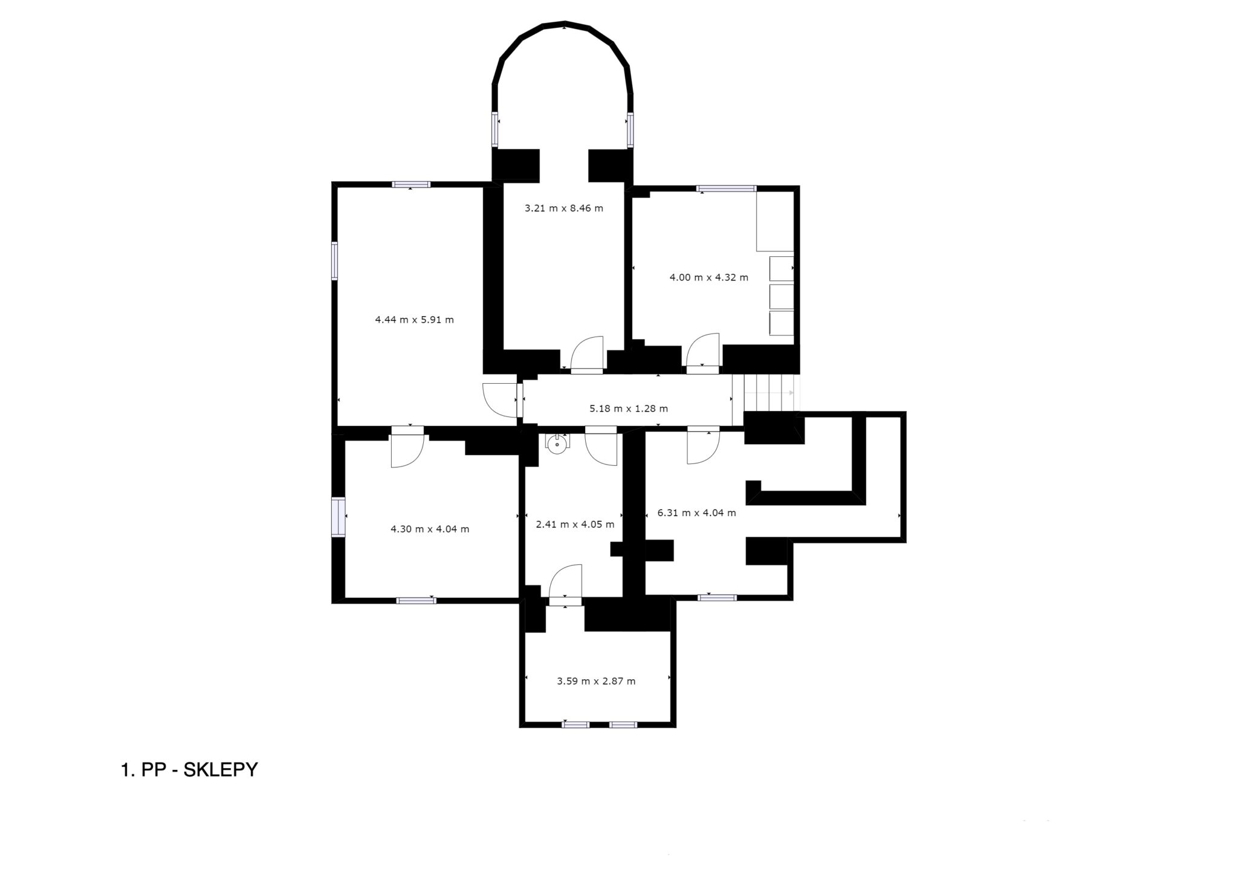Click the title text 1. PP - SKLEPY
(190, 770)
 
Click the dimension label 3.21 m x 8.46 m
(564, 208)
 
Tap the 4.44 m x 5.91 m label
(414, 320)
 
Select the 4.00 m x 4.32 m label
(709, 277)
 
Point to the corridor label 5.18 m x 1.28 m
(629, 408)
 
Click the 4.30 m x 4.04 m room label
(430, 529)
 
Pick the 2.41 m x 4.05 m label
(575, 524)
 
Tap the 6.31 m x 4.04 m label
(697, 513)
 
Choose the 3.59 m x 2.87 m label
(596, 681)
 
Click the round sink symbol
(556, 444)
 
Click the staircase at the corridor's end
(765, 393)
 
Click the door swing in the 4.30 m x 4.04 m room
(409, 451)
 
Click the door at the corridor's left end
(501, 400)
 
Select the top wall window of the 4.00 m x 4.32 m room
(726, 189)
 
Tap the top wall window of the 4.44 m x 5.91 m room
(411, 184)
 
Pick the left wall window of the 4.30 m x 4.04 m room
(339, 517)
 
